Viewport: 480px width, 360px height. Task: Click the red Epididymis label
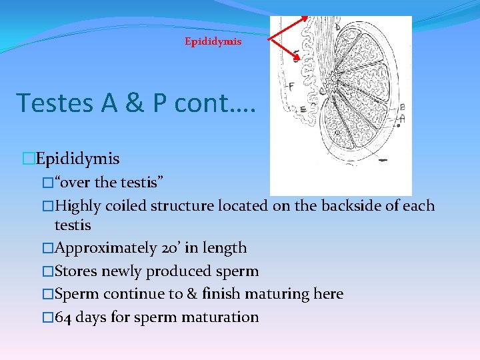tap(213, 41)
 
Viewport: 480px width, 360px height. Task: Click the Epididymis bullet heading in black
tap(77, 159)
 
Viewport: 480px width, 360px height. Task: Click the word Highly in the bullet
tap(77, 205)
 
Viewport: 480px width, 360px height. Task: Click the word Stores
tap(75, 271)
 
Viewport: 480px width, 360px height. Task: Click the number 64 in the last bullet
tap(63, 317)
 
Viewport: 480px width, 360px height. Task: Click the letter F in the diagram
tap(290, 87)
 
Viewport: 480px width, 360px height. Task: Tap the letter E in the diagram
tap(303, 109)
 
